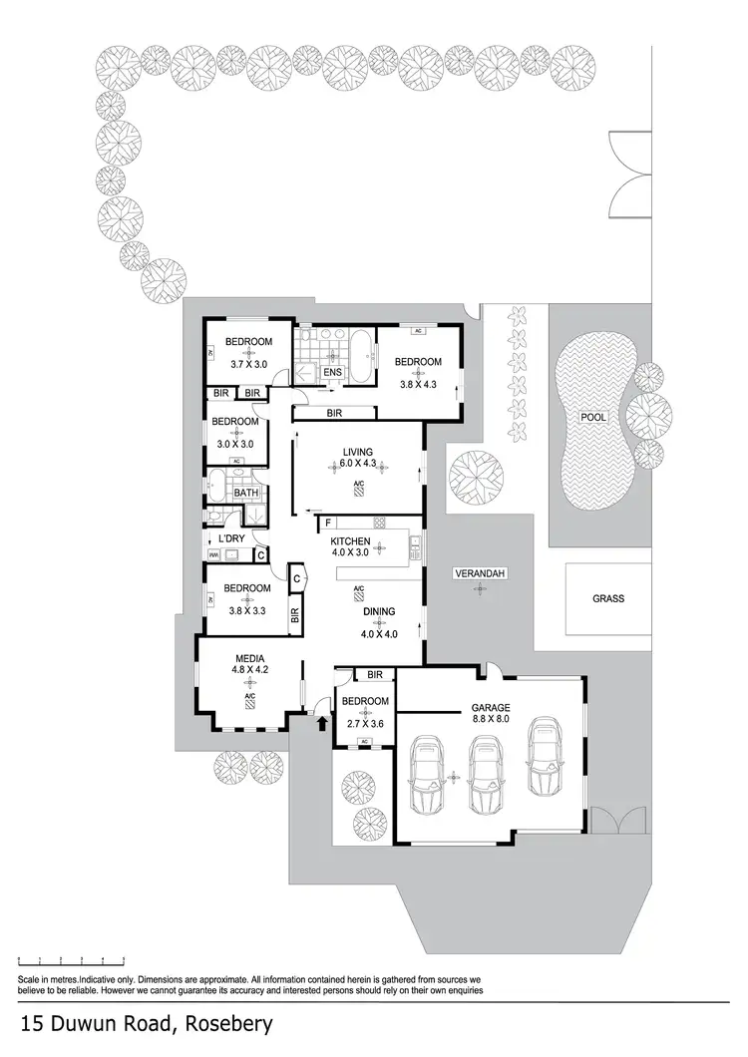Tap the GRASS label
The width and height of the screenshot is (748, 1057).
[607, 598]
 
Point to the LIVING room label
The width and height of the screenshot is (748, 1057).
[357, 452]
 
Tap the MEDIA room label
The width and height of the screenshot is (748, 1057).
[249, 658]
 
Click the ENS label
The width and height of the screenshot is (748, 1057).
[332, 372]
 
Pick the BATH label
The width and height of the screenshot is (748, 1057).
[245, 492]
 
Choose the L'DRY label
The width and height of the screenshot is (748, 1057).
[230, 538]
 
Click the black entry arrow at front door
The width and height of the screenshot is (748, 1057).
[321, 723]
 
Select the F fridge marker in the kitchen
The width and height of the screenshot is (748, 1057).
[328, 523]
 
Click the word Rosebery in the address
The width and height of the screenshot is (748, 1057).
[216, 1024]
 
